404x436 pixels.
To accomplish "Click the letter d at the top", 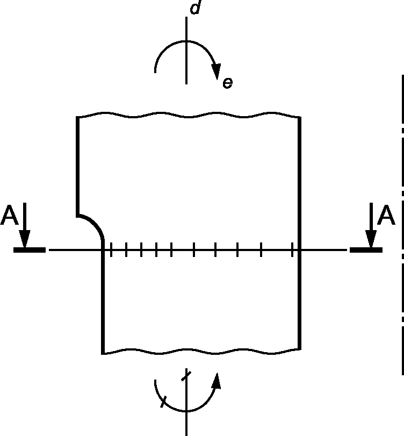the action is (195, 7).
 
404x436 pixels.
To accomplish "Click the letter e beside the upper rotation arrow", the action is (228, 83).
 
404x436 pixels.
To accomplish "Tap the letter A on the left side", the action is (9, 215).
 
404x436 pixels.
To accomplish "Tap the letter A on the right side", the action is (386, 215).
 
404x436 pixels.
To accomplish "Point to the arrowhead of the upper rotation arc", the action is (216, 72).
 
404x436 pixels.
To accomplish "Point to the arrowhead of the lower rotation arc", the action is (216, 381).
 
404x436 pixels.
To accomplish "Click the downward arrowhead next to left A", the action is (25, 239).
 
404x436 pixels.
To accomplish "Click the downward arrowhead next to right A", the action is (371, 239).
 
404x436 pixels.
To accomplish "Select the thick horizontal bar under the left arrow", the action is (30, 250).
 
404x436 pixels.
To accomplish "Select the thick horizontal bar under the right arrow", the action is (366, 250).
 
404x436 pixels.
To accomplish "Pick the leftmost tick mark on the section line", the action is (111, 249).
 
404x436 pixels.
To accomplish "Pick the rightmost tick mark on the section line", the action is (292, 249).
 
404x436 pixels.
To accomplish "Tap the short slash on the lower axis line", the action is (186, 375).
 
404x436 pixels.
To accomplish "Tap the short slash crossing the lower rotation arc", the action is (163, 402).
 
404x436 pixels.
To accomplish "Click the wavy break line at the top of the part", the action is (189, 115).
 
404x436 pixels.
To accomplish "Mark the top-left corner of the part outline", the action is (77, 117).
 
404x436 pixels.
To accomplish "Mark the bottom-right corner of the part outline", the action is (300, 349).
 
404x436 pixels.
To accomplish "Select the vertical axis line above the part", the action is (186, 51).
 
